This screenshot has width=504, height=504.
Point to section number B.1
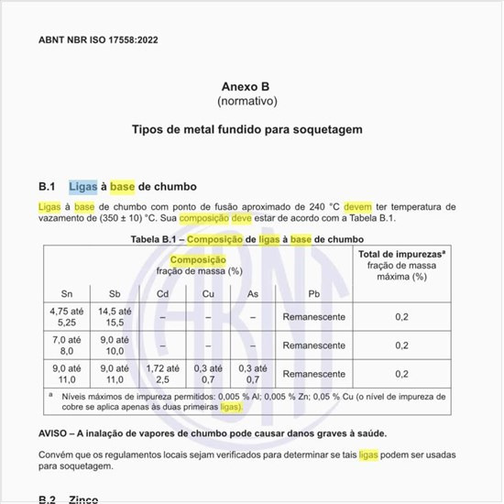(x=48, y=186)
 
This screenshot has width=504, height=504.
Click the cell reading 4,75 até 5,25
(x=67, y=316)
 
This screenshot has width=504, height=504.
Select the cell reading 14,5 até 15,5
(x=115, y=316)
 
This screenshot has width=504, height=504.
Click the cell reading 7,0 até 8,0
(x=67, y=345)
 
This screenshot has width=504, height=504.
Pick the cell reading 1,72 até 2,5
(x=162, y=374)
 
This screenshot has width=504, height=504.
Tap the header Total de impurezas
(x=400, y=254)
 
